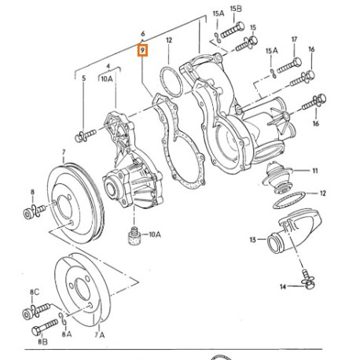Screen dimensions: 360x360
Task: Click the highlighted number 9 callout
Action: tap(143, 50)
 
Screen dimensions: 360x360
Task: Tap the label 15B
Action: tap(236, 9)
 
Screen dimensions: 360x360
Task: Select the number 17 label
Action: tap(295, 39)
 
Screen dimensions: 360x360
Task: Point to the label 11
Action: tap(315, 171)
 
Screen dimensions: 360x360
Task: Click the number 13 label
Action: tap(252, 240)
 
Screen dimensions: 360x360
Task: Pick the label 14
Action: tap(283, 287)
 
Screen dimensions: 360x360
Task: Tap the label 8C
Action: tap(35, 292)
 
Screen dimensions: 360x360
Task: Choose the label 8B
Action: tap(42, 342)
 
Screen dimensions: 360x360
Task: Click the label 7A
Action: tap(100, 335)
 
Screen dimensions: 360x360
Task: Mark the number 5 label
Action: tap(84, 78)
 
